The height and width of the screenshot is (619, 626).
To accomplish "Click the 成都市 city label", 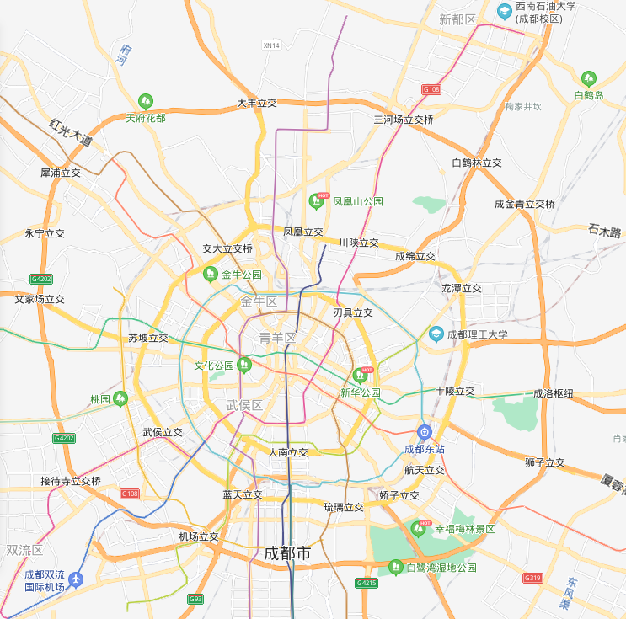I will click(287, 553).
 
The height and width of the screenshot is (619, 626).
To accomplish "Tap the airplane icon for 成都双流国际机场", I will click(78, 579).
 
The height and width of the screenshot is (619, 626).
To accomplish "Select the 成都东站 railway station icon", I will click(425, 432).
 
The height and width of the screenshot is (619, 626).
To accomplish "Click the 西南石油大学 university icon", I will click(505, 10).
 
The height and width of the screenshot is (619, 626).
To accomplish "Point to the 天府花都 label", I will click(146, 118).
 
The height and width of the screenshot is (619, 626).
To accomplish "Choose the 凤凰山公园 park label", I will click(358, 201).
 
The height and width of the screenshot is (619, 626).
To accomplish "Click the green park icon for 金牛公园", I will click(211, 274).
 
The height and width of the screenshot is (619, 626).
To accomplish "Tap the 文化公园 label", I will click(214, 366).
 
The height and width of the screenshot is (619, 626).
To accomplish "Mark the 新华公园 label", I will click(361, 392).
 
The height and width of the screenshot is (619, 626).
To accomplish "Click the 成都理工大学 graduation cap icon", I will click(436, 334).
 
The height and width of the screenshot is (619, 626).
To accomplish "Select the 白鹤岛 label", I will click(589, 95).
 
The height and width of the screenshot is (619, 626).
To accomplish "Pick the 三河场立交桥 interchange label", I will click(404, 120).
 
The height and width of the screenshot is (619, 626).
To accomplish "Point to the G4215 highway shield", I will click(367, 583).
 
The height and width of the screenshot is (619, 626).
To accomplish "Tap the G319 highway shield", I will click(532, 578).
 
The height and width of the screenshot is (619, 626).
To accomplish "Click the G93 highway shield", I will click(195, 599).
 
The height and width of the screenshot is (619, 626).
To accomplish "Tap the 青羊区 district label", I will click(277, 338).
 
